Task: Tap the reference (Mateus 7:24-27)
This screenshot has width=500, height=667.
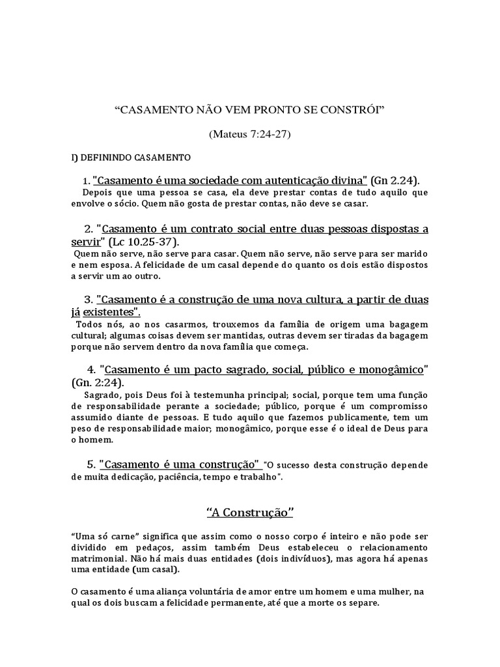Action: (250, 134)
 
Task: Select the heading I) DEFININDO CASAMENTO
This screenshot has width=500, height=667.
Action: (130, 158)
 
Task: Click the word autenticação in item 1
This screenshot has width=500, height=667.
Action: (283, 180)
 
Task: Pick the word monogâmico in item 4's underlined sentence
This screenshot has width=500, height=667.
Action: (393, 370)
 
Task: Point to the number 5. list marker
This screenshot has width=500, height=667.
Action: (91, 465)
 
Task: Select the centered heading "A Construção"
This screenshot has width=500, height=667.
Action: (250, 513)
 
